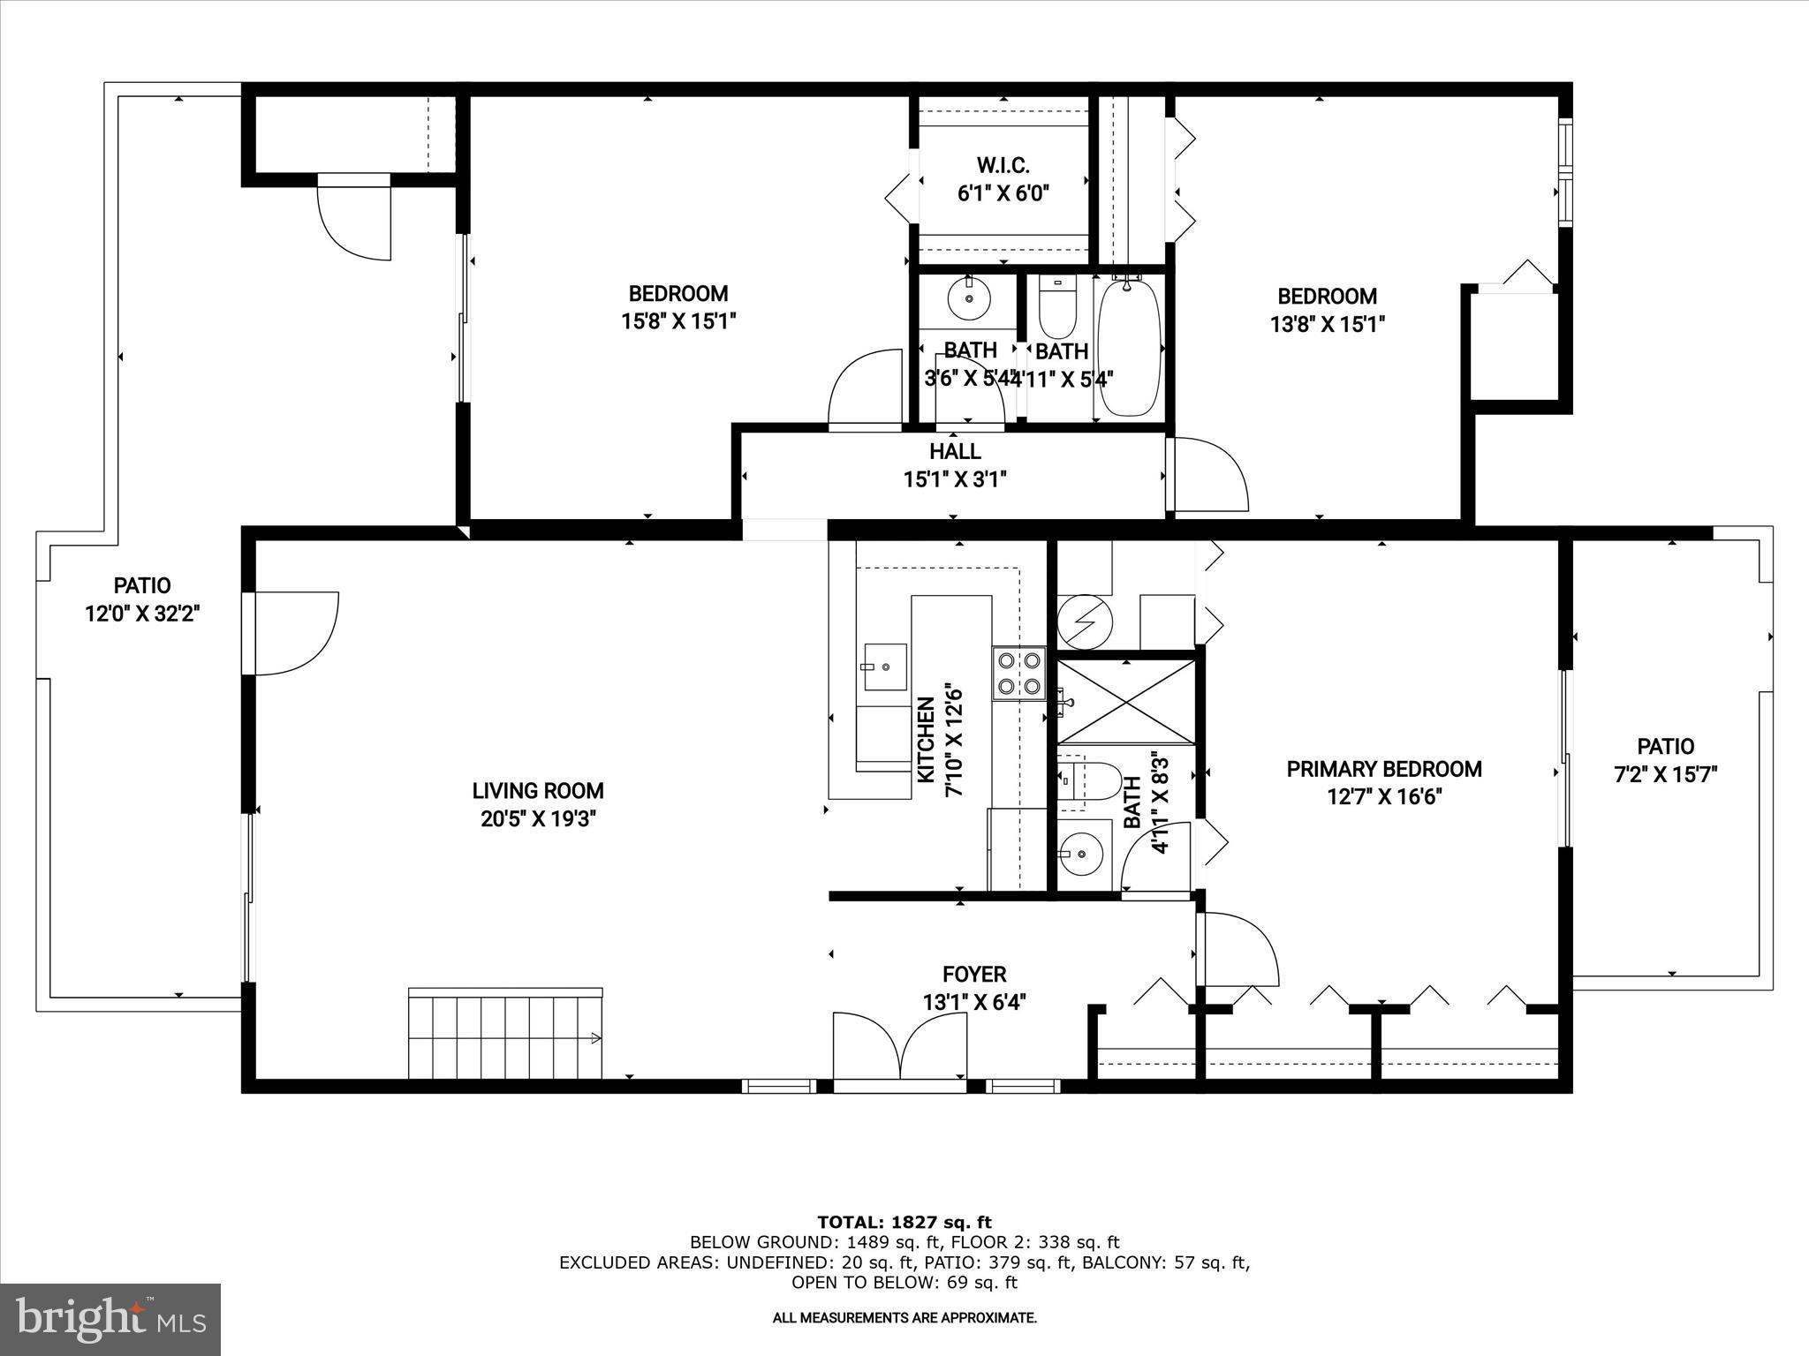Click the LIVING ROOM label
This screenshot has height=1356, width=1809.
(x=537, y=791)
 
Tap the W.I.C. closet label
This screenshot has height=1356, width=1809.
(x=1003, y=165)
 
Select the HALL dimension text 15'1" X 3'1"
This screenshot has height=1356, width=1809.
(x=955, y=479)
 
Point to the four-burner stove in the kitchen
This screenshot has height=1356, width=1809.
(x=1018, y=673)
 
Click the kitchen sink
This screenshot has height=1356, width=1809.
(x=884, y=667)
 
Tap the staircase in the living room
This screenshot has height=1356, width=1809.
(x=504, y=1032)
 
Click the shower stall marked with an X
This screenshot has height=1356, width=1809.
(x=1126, y=702)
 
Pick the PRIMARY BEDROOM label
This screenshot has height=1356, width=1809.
(x=1383, y=769)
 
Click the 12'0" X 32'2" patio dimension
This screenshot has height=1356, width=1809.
(x=142, y=614)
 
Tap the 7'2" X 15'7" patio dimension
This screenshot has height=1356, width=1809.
(x=1665, y=775)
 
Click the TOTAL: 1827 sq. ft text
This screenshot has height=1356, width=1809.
(x=904, y=1223)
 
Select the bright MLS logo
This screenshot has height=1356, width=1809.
(x=110, y=1320)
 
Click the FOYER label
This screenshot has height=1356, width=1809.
(x=974, y=975)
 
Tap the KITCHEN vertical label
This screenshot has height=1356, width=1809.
(x=926, y=740)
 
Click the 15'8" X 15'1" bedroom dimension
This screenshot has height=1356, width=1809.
(x=678, y=321)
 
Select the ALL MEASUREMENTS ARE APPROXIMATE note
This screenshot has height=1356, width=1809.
(x=904, y=1318)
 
